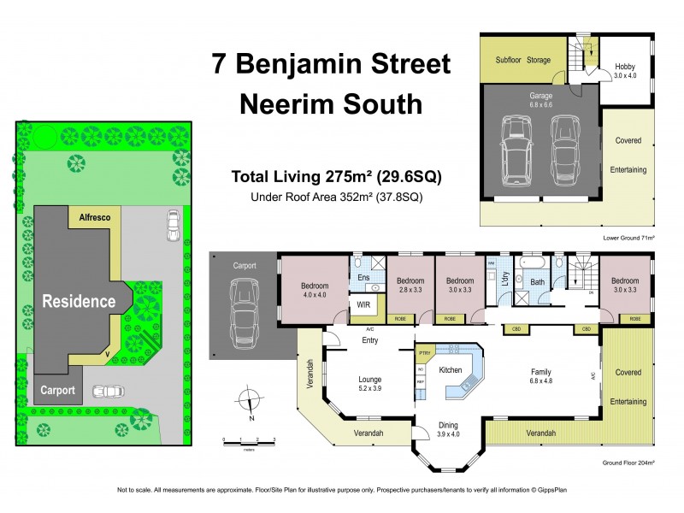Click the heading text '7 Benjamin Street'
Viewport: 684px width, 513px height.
[330, 65]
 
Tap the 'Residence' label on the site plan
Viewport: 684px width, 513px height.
[80, 301]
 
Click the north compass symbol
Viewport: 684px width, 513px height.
[248, 400]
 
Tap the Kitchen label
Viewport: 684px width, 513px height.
[451, 370]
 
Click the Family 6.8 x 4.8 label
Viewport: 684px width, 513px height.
[541, 376]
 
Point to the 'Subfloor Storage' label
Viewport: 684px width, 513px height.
[523, 60]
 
